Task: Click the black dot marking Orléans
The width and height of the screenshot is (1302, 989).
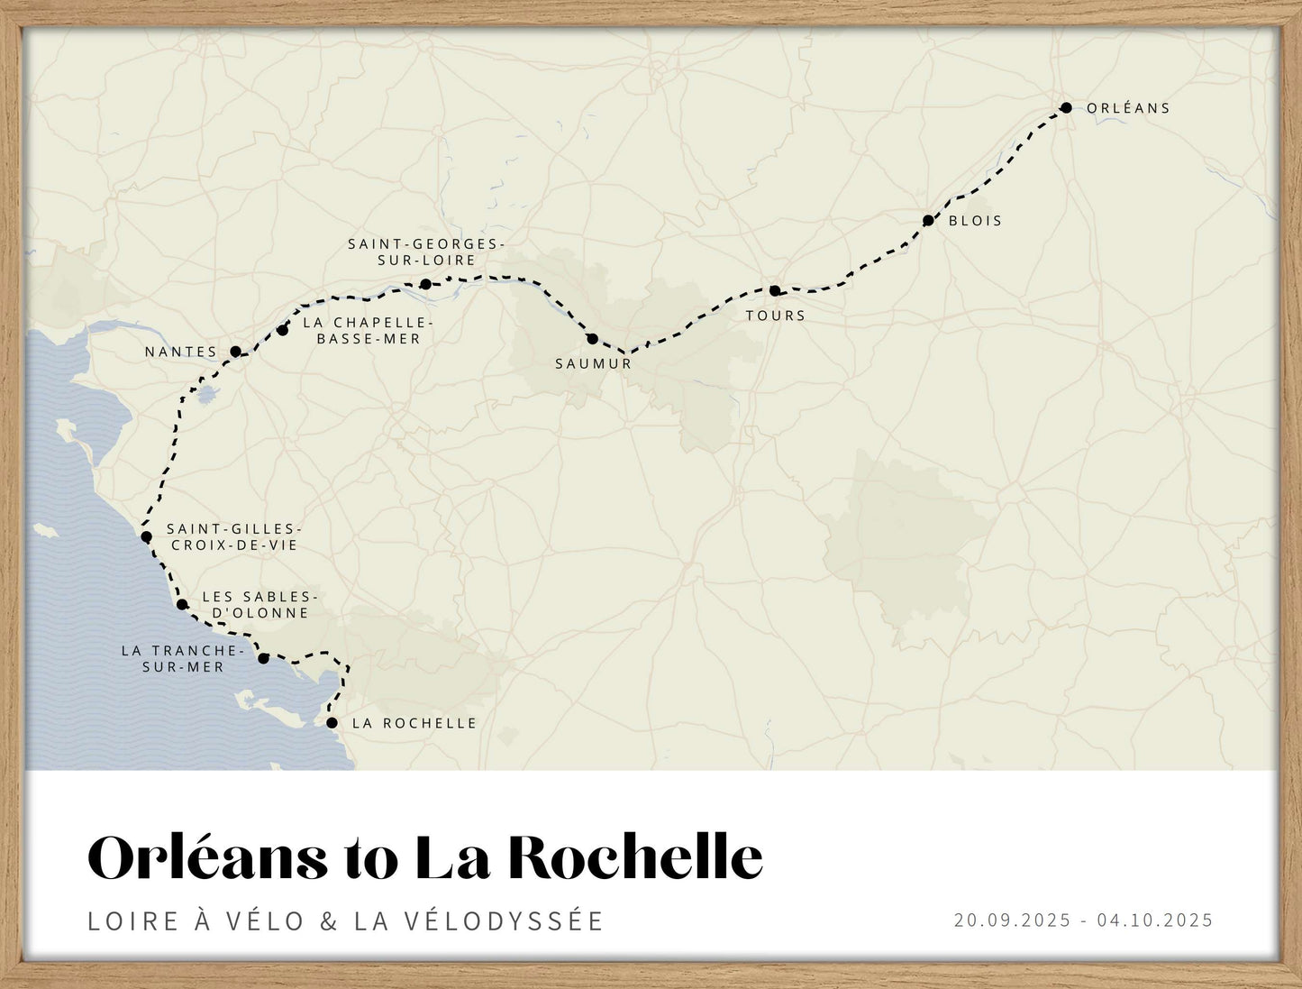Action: pos(1066,107)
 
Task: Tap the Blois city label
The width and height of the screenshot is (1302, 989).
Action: pos(975,221)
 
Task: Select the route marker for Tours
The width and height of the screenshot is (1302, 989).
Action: pos(775,290)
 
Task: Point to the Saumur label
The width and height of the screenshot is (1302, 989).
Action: pos(593,364)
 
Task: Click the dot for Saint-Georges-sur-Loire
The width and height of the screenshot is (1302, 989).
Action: pos(425,284)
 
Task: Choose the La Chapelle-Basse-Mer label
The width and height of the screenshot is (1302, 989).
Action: pos(368,331)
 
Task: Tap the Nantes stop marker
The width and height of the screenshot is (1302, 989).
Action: pos(235,352)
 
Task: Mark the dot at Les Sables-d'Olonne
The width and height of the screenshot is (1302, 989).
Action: pos(182,604)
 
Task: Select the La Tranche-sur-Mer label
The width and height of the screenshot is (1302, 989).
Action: pos(183,659)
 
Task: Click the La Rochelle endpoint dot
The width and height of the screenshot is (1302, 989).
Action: pos(332,723)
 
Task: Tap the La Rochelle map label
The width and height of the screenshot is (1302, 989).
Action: pos(414,724)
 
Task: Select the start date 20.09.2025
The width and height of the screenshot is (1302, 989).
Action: pos(1012,920)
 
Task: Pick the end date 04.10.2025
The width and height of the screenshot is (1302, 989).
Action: pos(1155,920)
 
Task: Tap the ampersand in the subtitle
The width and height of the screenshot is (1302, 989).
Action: pos(329,921)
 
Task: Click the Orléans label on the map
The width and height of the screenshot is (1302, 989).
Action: pos(1128,108)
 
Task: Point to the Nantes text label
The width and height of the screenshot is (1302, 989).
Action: pos(181,353)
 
